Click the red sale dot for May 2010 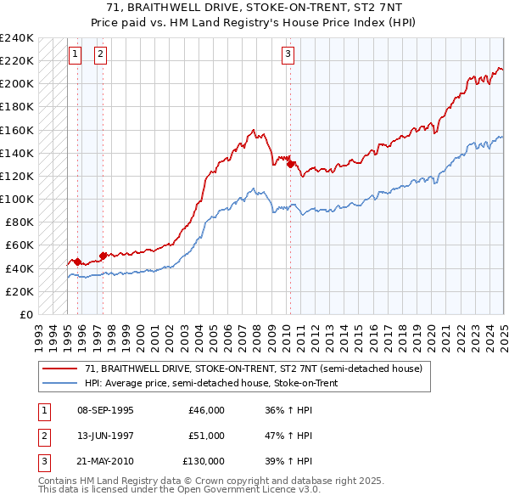(x=290, y=165)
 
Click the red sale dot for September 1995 (x=77, y=262)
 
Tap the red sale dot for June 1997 (x=103, y=256)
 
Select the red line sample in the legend (x=59, y=369)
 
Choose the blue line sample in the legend (x=59, y=383)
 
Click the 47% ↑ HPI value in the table (x=288, y=436)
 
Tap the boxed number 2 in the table (x=42, y=436)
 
